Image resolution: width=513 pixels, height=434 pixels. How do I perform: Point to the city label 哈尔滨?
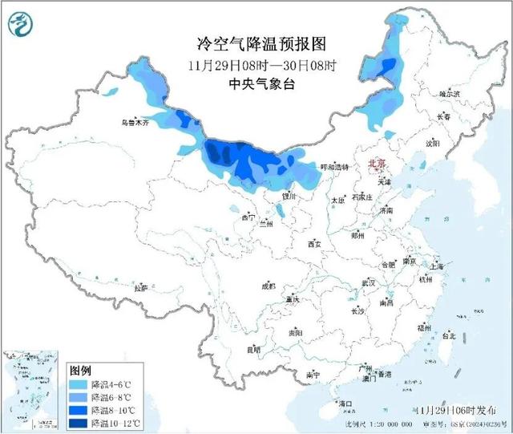click(450, 94)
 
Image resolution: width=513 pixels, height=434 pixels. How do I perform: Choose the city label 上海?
click(438, 265)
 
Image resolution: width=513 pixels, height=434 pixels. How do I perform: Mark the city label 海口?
click(346, 402)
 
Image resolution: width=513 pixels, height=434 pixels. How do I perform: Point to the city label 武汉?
click(369, 282)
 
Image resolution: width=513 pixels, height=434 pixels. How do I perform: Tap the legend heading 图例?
click(80, 371)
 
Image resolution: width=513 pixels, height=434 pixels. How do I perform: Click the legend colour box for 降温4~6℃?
click(79, 385)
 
